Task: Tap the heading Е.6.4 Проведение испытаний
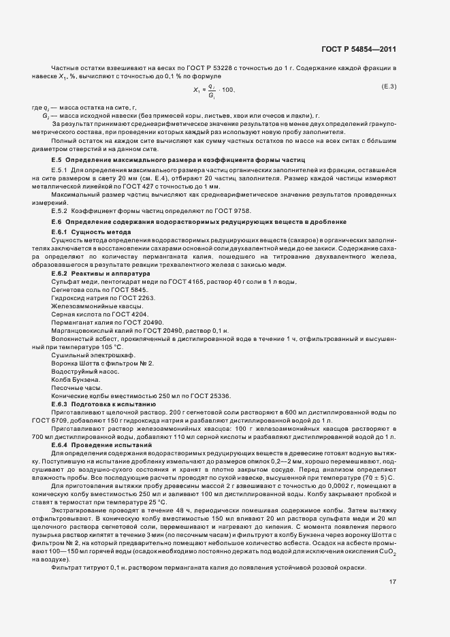tap(93, 444)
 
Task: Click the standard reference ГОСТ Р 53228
tap(183, 69)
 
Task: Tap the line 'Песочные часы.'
tap(74, 388)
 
